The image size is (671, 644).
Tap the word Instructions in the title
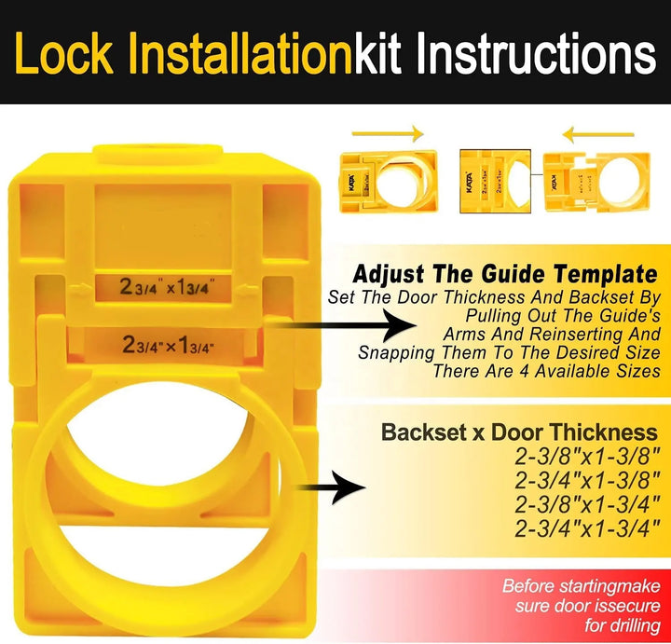click(536, 55)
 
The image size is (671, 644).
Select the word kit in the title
click(378, 55)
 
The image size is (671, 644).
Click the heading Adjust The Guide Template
click(506, 275)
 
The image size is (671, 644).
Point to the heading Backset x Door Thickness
click(518, 432)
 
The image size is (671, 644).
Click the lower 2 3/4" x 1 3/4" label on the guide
click(168, 345)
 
